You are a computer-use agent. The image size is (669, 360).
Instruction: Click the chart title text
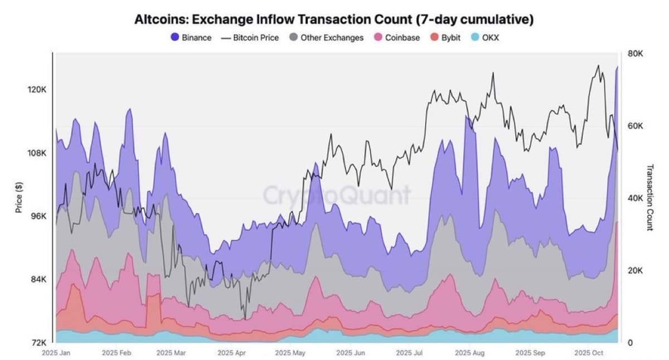334,20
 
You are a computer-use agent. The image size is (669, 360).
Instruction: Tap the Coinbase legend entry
397,38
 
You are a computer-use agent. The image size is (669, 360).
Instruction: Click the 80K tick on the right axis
636,54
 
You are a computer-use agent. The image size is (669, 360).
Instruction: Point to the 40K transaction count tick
636,198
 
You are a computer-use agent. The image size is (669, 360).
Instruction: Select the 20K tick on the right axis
636,270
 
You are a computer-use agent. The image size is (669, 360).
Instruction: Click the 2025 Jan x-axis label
56,353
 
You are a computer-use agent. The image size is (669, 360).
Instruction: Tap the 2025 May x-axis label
290,353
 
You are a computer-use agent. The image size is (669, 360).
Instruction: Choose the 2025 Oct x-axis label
589,353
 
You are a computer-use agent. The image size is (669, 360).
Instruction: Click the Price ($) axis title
18,197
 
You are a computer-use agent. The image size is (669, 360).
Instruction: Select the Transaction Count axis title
649,197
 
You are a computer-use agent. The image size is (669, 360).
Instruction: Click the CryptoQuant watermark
336,195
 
